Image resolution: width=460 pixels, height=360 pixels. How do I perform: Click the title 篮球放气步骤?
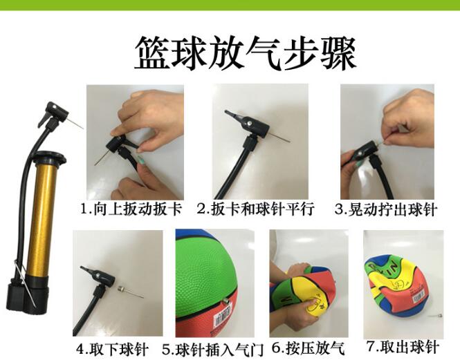[246, 53]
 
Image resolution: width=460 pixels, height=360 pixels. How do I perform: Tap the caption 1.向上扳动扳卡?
[131, 209]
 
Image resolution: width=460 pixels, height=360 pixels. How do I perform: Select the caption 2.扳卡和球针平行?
[255, 209]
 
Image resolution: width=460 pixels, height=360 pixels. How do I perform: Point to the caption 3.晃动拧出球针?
[386, 209]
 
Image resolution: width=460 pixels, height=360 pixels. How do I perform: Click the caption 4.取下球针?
[112, 349]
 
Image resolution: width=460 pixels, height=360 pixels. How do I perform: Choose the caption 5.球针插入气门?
[213, 349]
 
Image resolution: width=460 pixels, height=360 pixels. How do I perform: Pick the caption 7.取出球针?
[403, 347]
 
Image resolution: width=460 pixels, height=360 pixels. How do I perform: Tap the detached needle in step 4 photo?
[130, 292]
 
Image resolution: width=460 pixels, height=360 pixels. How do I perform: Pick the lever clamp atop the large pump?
[44, 121]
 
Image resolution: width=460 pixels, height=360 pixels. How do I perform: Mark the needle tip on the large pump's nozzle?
[83, 129]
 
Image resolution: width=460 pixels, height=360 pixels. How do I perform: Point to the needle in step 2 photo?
[280, 138]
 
